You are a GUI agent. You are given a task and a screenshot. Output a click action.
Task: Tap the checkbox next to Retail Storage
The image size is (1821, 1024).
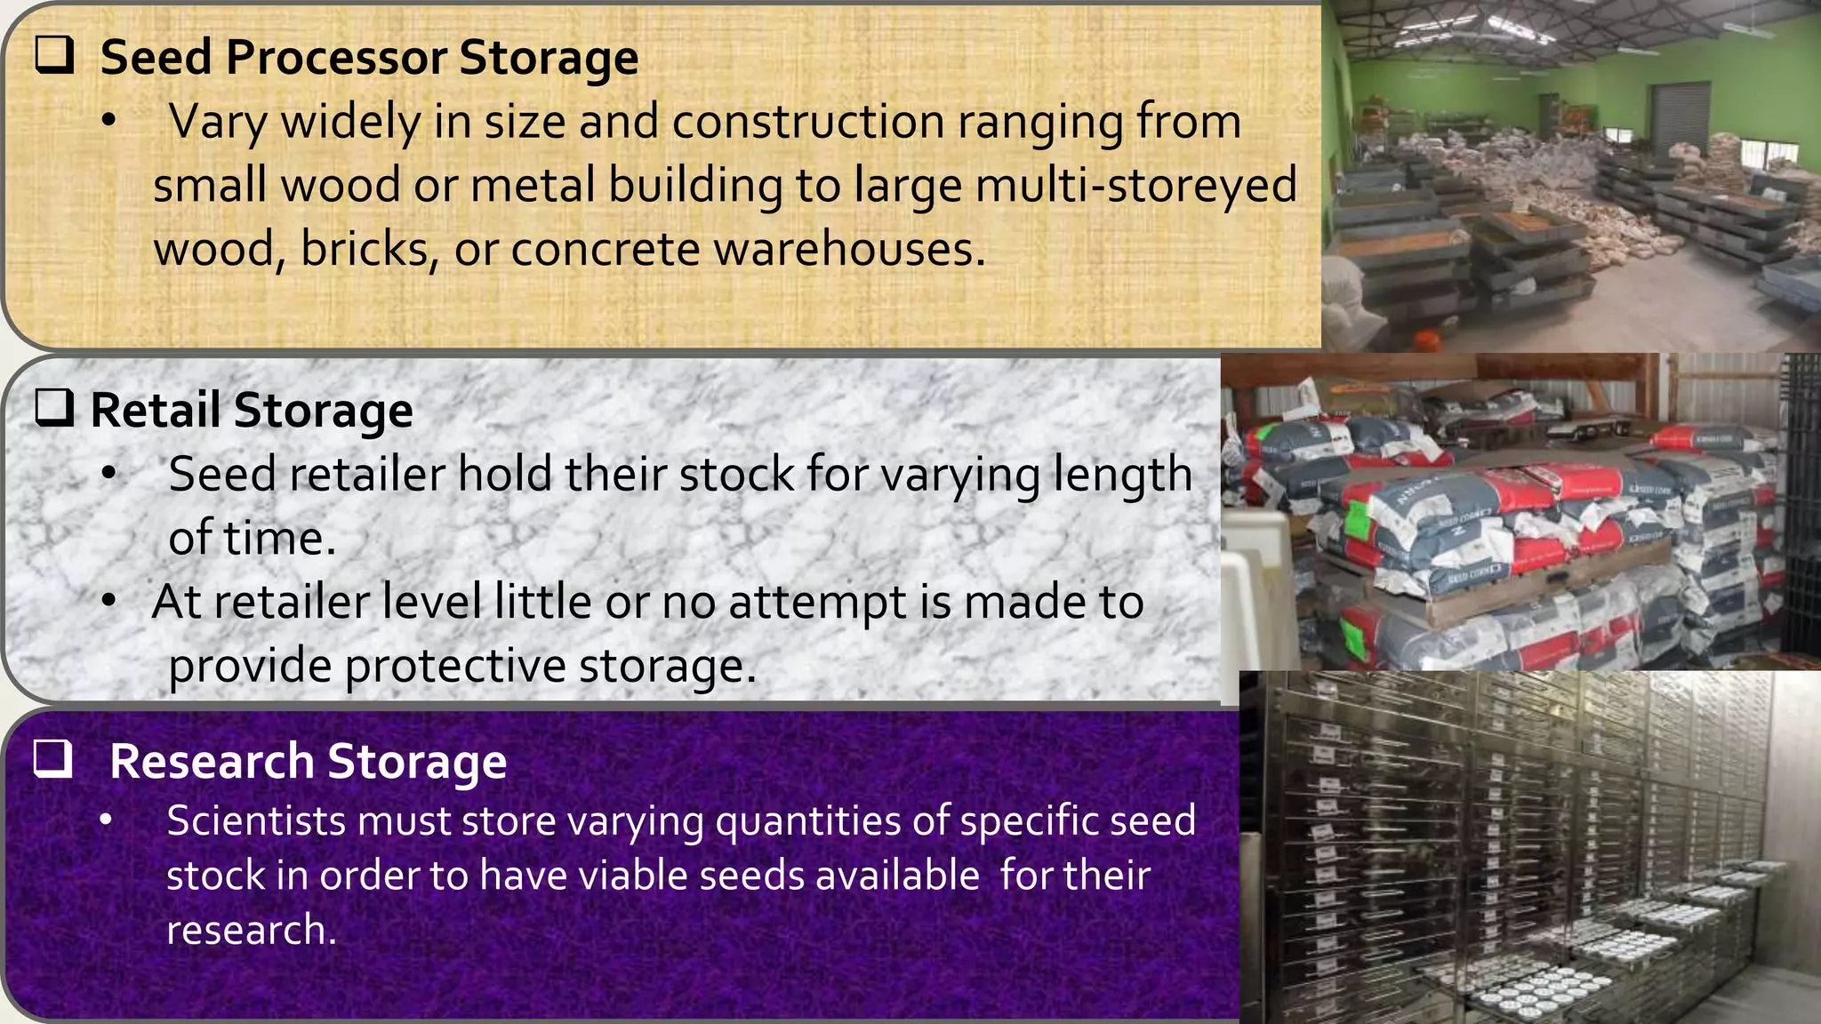point(54,409)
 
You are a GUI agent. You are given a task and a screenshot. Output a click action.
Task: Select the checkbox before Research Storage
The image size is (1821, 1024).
point(53,759)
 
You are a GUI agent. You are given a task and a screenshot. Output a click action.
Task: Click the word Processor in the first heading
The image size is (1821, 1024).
point(336,59)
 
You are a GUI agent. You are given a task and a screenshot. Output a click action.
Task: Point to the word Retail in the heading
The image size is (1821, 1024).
point(156,411)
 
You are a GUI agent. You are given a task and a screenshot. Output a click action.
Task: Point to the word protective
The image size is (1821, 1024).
point(454,666)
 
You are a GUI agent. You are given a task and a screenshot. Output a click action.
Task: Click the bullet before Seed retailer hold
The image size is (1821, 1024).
point(108,475)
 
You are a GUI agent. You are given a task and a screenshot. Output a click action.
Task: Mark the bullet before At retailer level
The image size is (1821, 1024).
point(108,602)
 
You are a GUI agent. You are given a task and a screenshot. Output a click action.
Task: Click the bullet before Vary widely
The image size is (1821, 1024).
point(108,122)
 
